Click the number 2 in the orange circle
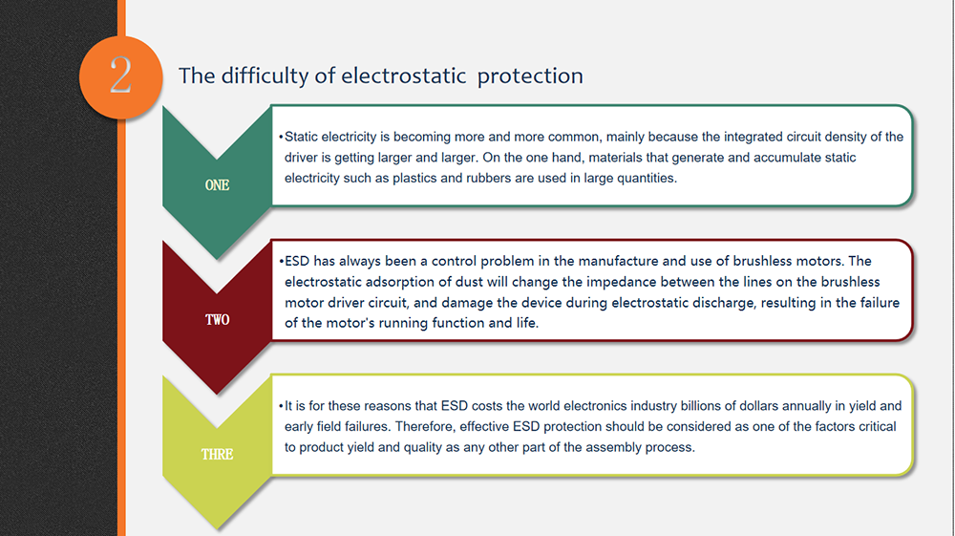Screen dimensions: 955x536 [x=120, y=75]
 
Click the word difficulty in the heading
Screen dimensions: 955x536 [x=274, y=76]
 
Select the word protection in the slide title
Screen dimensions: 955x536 [x=530, y=76]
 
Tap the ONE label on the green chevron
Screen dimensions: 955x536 [x=217, y=185]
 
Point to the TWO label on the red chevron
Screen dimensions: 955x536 [x=217, y=320]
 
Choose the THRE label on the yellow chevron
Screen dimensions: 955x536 [x=217, y=455]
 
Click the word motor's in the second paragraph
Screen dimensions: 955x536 [x=349, y=323]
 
